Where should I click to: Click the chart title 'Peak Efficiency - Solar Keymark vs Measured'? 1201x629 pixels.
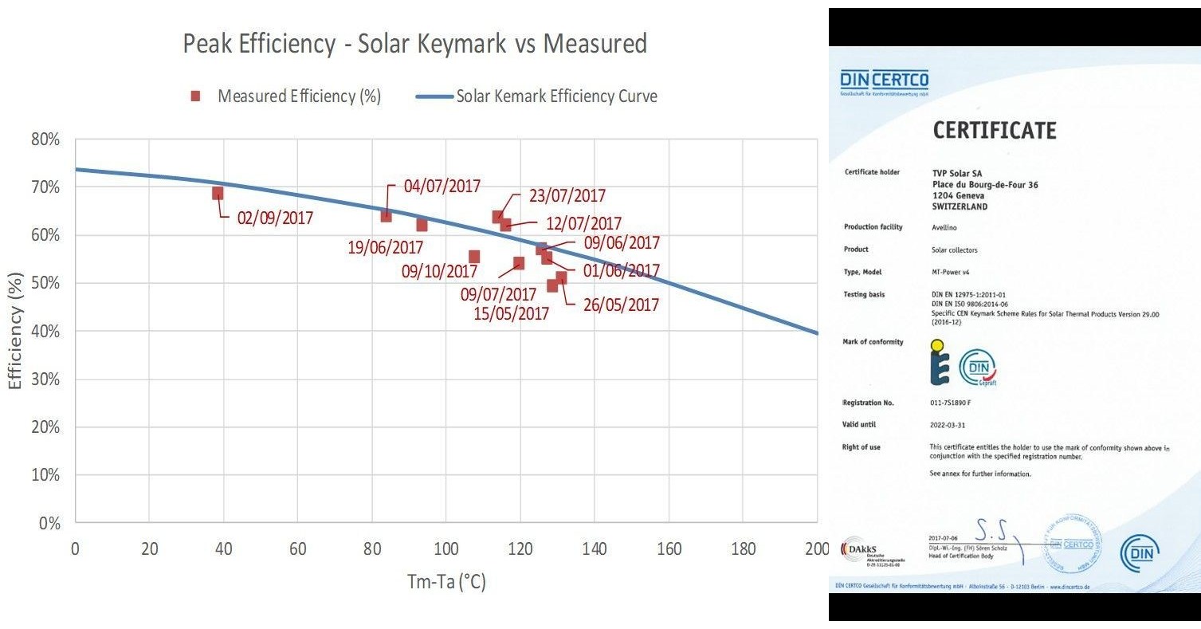point(414,44)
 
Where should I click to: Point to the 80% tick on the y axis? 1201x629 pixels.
point(45,140)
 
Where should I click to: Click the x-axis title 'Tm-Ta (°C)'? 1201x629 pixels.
point(445,582)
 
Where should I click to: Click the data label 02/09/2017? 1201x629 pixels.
point(275,218)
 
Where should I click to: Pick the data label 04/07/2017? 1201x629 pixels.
point(442,187)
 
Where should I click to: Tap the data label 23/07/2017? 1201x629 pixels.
point(567,196)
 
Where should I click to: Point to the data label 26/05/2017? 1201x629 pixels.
point(621,305)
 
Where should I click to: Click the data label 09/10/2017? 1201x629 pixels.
point(439,271)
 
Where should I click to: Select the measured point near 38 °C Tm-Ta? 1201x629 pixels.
point(218,193)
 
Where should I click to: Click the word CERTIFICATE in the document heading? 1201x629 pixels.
point(994,130)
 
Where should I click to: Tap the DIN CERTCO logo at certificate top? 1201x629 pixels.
point(884,81)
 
